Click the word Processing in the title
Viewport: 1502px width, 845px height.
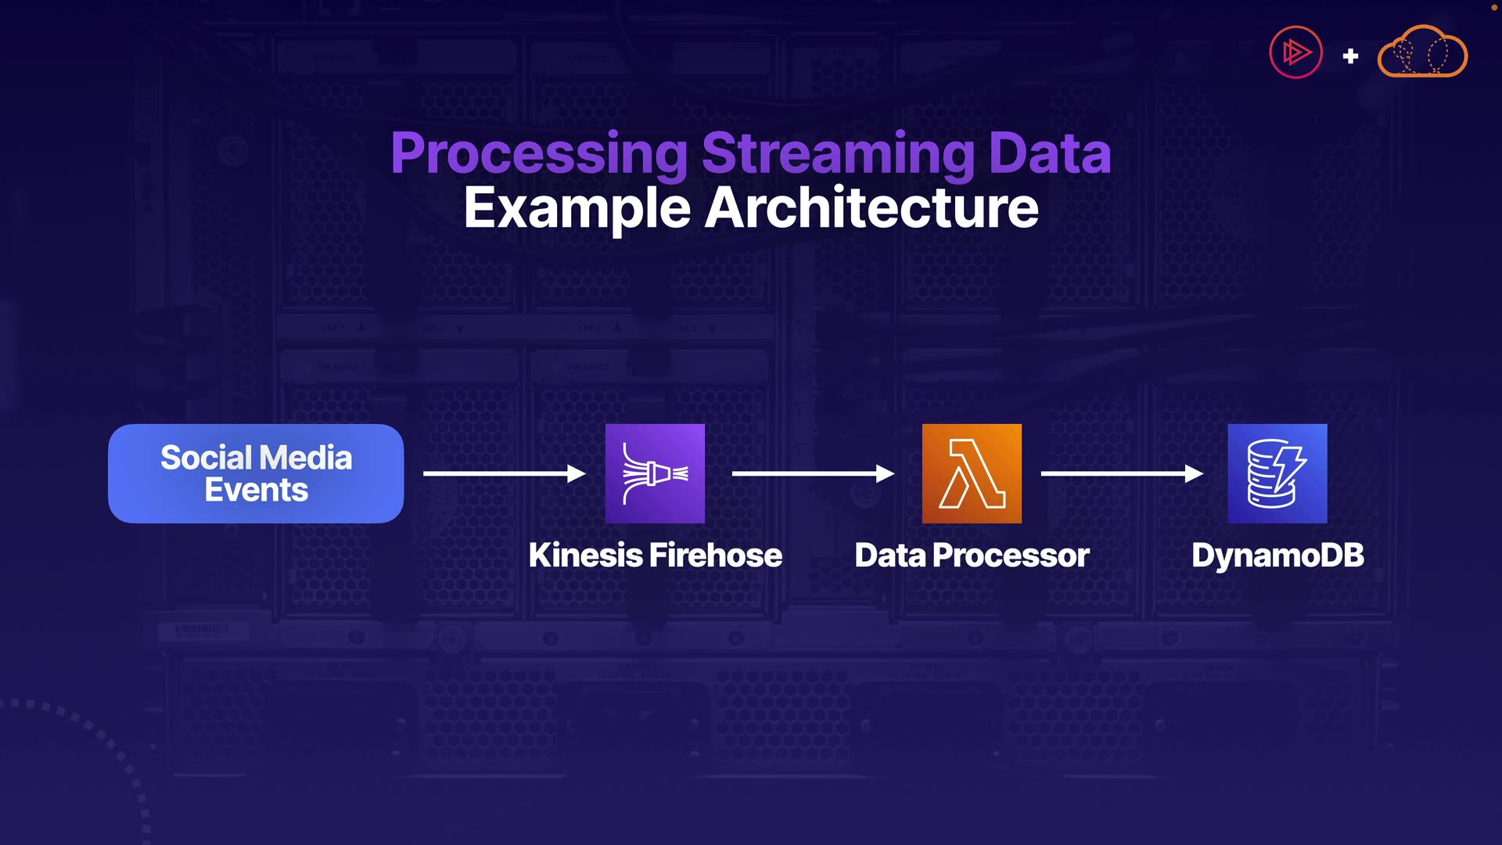539,153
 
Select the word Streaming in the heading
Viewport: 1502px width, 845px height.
839,153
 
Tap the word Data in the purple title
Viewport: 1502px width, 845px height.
1050,153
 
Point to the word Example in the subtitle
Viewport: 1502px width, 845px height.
577,209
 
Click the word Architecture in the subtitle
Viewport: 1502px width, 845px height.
871,208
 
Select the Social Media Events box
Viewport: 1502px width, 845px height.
256,473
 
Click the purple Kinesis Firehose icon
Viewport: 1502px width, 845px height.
655,473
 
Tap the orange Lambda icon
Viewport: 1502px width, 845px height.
972,473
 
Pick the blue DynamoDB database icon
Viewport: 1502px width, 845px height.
1277,473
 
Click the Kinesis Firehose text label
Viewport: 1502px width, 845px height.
655,556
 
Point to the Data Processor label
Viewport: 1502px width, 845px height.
972,556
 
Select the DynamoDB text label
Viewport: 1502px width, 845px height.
1277,556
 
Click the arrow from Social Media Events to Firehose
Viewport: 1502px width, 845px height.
504,473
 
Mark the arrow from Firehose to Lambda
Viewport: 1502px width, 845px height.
813,473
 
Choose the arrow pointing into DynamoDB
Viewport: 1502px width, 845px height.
1122,473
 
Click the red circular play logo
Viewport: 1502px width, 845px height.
1295,52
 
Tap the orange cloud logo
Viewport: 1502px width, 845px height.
1422,52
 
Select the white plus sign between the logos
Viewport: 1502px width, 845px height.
1350,56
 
